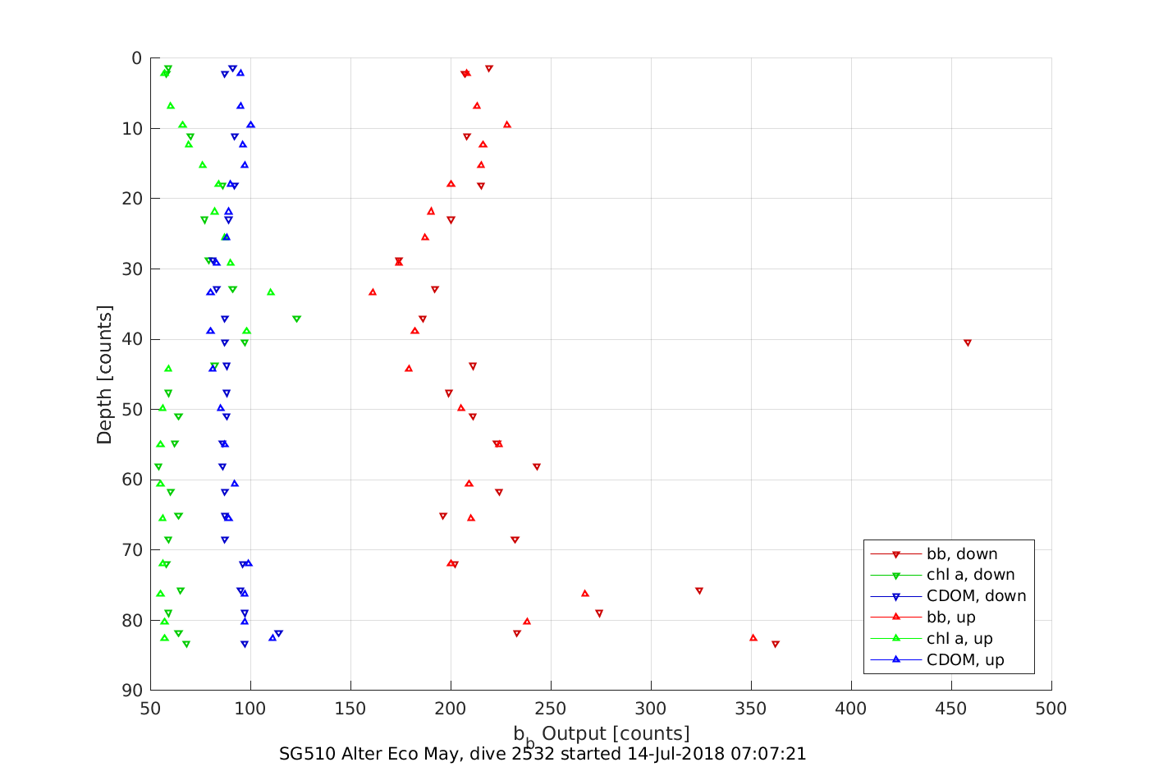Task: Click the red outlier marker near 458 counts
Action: (967, 342)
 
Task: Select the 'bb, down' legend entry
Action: (962, 554)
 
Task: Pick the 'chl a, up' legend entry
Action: (959, 639)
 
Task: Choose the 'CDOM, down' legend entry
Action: (976, 596)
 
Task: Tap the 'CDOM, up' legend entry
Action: (965, 660)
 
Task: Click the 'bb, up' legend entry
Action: (951, 618)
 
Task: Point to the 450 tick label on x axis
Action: (951, 709)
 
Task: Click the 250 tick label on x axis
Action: (551, 709)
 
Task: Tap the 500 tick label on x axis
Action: (1051, 709)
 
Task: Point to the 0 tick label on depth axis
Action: (137, 58)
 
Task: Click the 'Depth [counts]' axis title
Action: (104, 374)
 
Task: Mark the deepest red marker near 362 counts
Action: (775, 645)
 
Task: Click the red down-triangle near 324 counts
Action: (698, 591)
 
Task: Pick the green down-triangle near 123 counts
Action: (296, 319)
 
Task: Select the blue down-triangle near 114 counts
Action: (278, 634)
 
